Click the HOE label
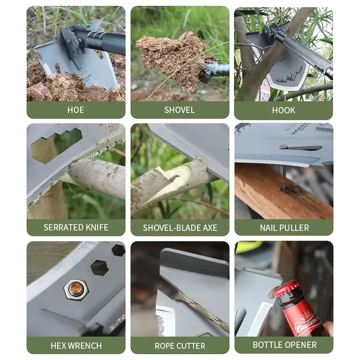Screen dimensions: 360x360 [x=76, y=110]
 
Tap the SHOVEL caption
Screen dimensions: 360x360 [x=180, y=110]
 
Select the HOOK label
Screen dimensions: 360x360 [x=283, y=110]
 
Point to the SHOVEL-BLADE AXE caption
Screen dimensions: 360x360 [x=180, y=228]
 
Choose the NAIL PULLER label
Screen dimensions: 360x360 [x=284, y=228]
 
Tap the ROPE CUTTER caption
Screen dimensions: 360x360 [x=180, y=346]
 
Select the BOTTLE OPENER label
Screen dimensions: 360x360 [x=284, y=345]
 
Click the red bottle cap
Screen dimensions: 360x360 [x=285, y=289]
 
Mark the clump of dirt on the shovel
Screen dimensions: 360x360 [x=175, y=58]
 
